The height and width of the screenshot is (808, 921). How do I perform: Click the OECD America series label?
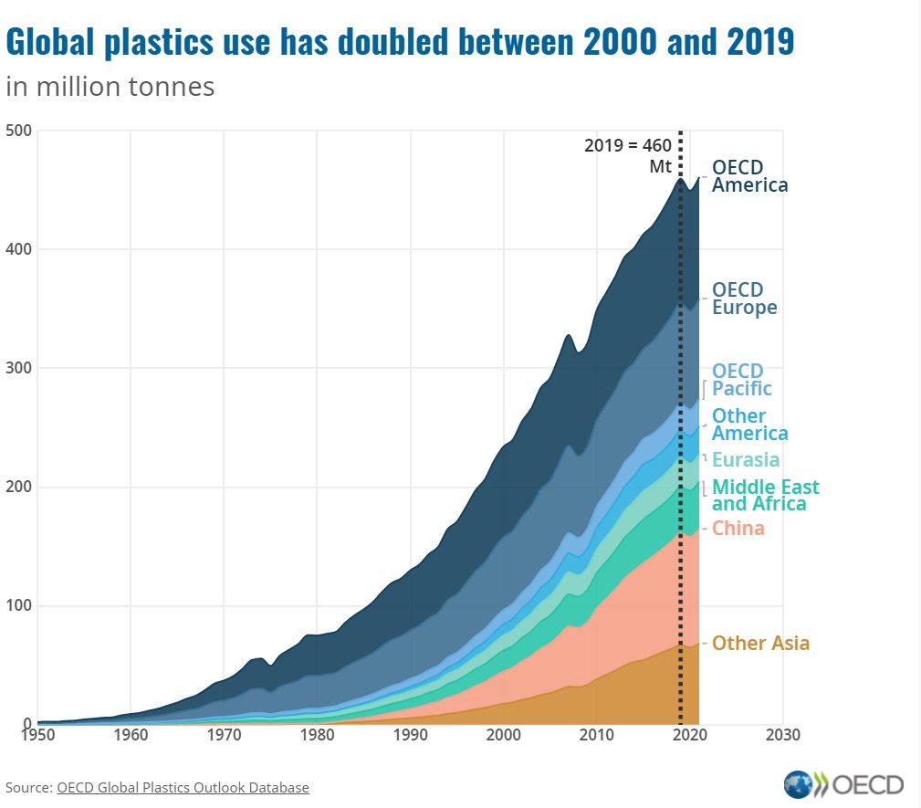point(749,176)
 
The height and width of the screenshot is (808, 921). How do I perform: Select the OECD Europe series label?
point(744,299)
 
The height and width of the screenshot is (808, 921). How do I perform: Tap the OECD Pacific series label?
point(741,380)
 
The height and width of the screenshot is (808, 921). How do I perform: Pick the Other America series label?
point(749,425)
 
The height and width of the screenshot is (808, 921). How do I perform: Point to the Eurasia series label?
point(746,459)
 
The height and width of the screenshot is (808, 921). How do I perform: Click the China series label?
point(738,529)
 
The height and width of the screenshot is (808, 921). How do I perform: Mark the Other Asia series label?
point(760,644)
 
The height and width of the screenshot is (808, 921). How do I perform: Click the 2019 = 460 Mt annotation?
point(628,155)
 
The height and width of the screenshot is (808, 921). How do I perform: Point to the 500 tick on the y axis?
point(19,131)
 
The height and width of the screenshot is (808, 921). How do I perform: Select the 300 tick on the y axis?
point(19,368)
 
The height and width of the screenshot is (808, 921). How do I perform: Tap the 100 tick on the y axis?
point(19,605)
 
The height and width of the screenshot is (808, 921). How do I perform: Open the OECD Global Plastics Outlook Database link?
point(183,787)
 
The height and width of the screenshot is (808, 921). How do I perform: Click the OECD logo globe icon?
point(798,784)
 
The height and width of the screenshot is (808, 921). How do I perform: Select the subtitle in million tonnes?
point(110,87)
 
